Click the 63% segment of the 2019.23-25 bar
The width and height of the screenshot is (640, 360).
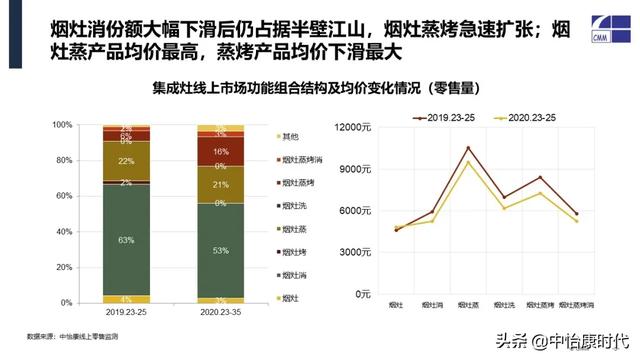tap(127, 240)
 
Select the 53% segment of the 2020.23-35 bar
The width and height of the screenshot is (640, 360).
tap(219, 249)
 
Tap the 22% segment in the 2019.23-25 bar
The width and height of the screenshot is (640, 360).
tap(127, 161)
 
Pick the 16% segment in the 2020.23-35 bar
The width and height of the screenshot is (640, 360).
tap(219, 151)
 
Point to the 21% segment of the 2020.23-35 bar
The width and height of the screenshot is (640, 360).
tap(219, 185)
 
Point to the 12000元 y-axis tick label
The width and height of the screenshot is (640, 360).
tap(355, 127)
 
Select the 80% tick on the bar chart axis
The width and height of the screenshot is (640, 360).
tap(90, 161)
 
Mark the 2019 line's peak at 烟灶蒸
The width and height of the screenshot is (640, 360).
tap(467, 148)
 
